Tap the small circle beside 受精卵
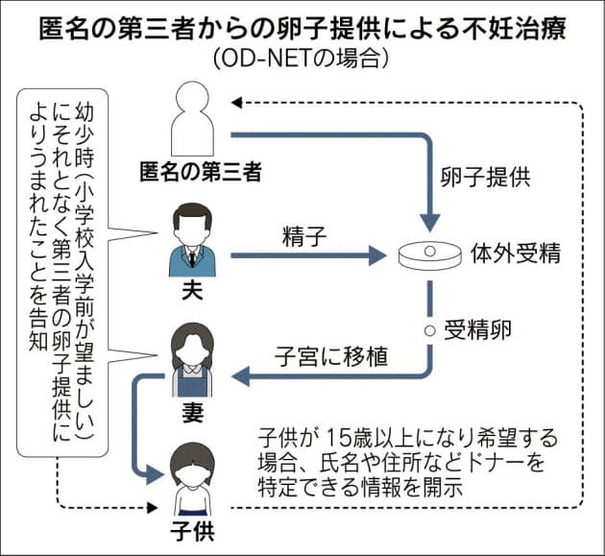click(428, 328)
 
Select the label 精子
click(301, 234)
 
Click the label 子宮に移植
click(334, 358)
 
